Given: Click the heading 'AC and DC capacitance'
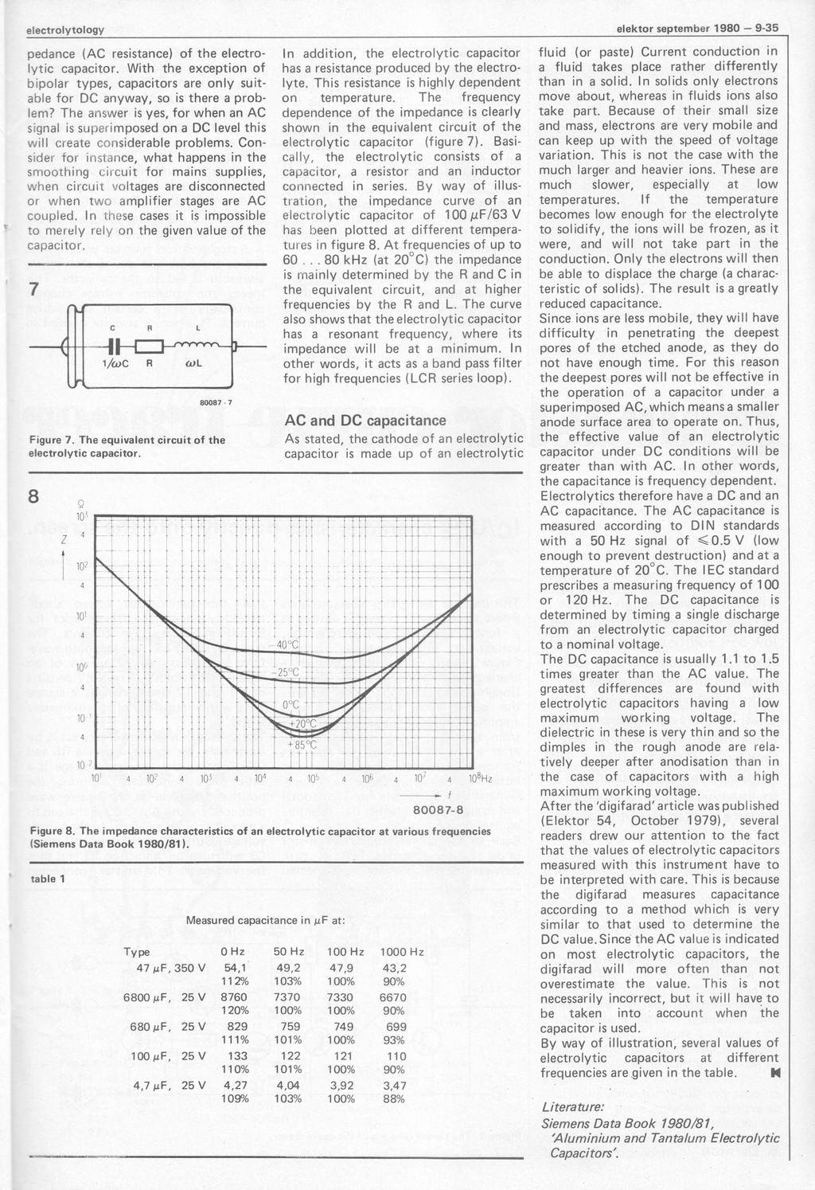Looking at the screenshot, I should click(365, 421).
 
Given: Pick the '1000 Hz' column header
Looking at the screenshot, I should click(402, 952).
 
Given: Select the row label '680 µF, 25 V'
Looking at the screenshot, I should click(166, 1026).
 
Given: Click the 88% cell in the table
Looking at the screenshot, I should click(393, 1098).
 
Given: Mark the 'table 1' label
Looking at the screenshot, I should click(46, 879).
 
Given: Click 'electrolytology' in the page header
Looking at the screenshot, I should click(65, 29).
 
